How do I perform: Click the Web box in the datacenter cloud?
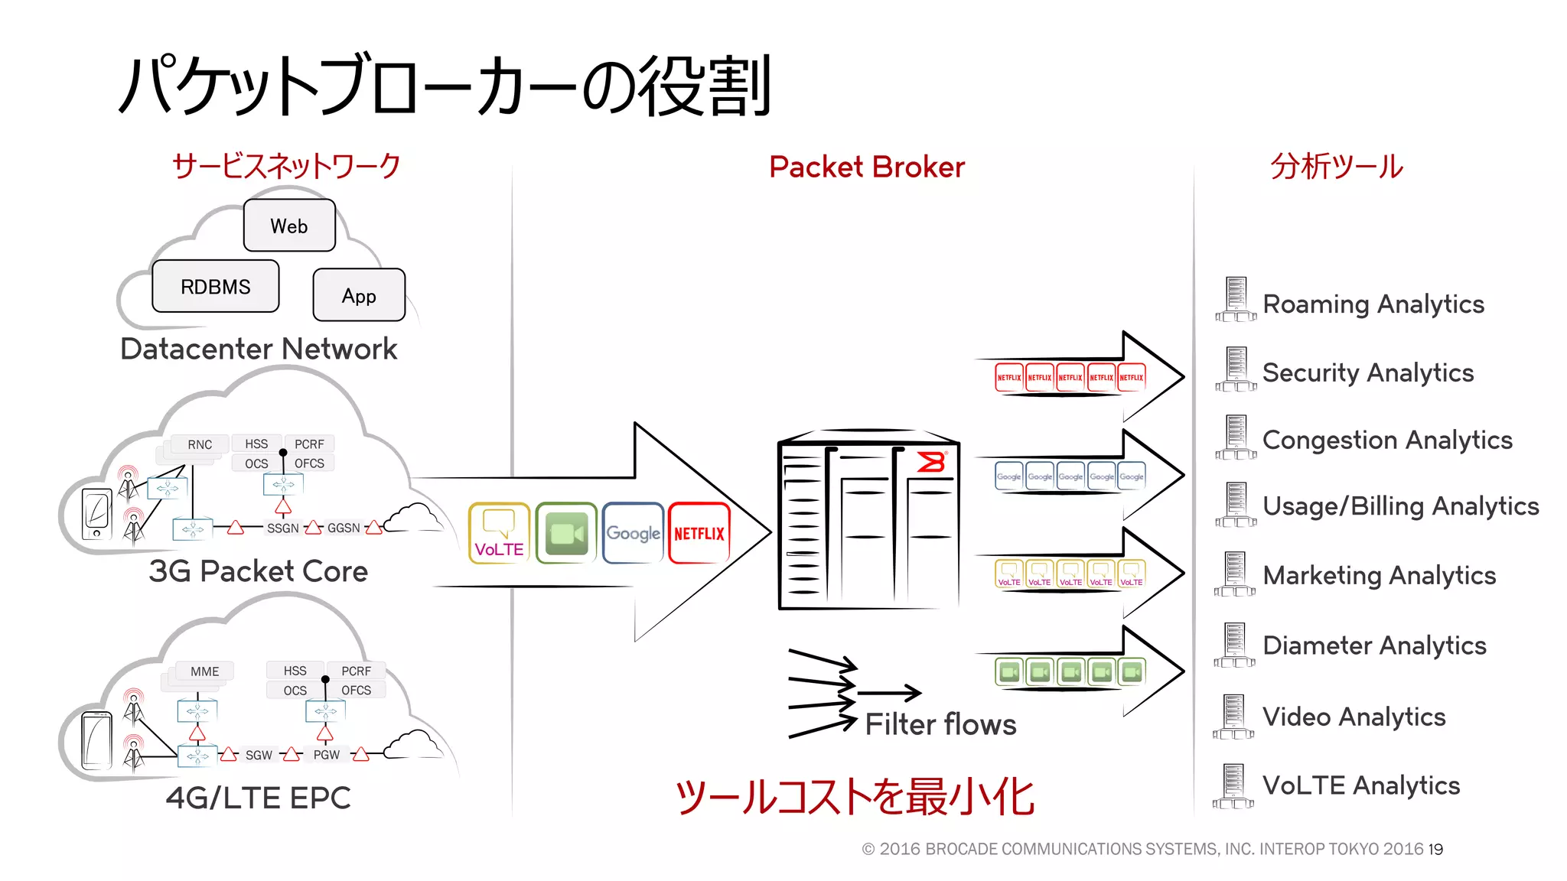289,226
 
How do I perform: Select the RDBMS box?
215,286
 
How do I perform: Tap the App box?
359,295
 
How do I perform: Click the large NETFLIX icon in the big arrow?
699,533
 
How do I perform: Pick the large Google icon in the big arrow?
633,533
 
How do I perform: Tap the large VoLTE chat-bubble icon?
499,533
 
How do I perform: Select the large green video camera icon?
566,533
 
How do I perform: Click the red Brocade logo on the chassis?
931,462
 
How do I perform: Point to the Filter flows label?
940,723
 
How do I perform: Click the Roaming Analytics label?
1373,304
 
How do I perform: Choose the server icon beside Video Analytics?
1233,717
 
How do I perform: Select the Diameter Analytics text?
1374,645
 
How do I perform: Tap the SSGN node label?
282,528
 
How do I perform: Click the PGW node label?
326,755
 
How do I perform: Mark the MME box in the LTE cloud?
204,671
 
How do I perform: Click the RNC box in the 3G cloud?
200,444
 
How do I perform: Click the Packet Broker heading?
866,167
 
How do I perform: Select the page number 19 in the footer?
1435,849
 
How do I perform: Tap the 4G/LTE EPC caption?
258,798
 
